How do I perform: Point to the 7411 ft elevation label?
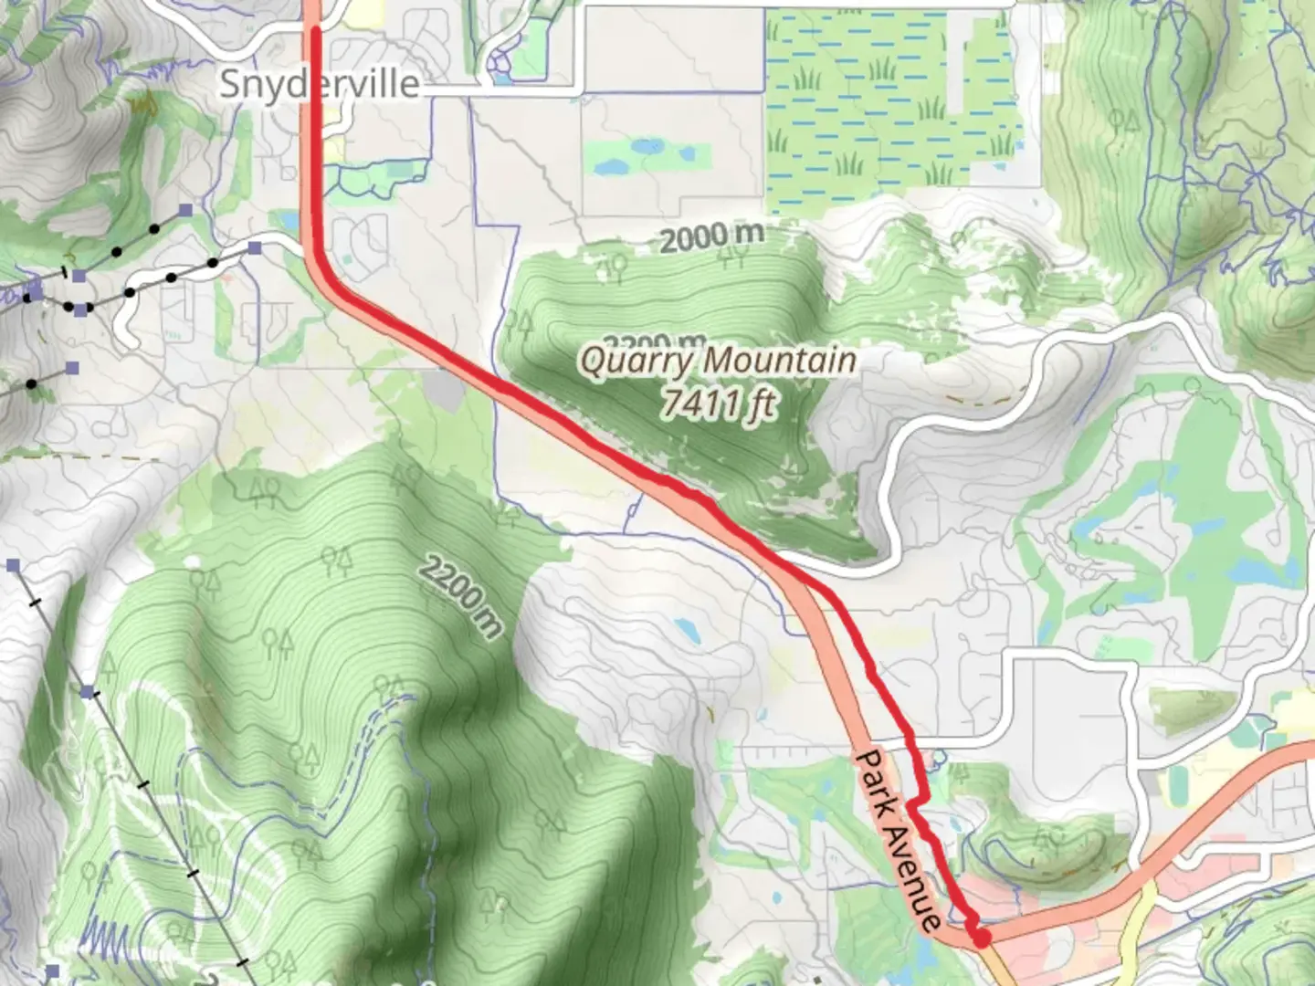click(719, 402)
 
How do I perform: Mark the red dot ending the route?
click(982, 938)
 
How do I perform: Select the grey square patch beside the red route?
click(445, 391)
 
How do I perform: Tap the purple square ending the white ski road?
click(256, 247)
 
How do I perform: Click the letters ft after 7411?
click(760, 404)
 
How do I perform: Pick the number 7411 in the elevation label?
click(699, 402)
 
